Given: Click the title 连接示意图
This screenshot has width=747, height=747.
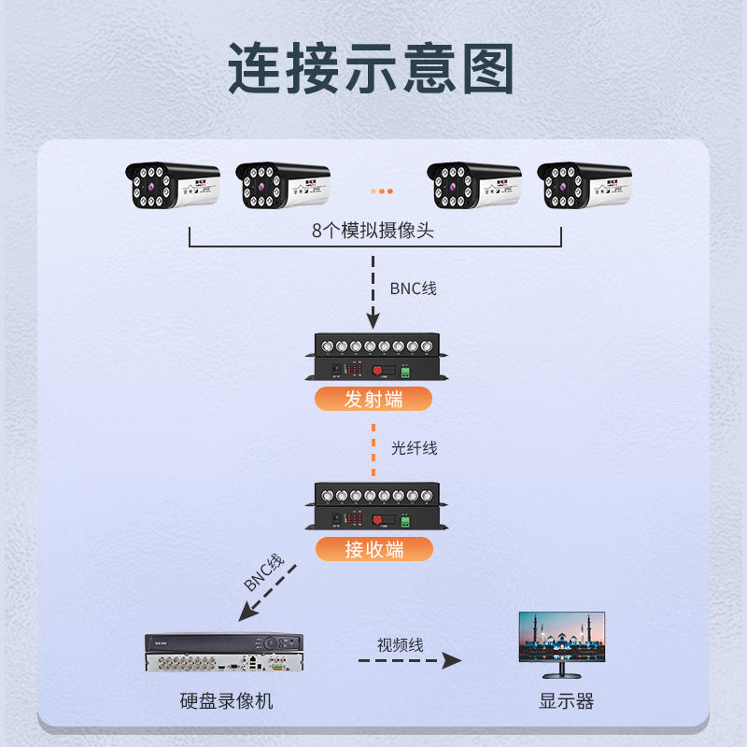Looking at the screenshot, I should (x=373, y=68).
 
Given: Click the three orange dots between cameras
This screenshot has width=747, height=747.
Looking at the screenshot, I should (x=381, y=190).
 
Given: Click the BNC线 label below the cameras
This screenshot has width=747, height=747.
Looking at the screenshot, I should (x=413, y=289).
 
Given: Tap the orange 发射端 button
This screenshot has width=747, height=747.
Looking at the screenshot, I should (x=373, y=399).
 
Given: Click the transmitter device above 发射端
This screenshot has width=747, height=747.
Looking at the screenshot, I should (x=373, y=359).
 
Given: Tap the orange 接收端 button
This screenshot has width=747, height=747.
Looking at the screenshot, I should (x=373, y=549).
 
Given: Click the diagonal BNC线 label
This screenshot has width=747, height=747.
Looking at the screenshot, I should (x=263, y=573).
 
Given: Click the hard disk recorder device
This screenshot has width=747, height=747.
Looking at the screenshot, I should (x=224, y=653).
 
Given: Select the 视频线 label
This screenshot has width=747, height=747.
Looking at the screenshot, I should (x=401, y=644).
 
